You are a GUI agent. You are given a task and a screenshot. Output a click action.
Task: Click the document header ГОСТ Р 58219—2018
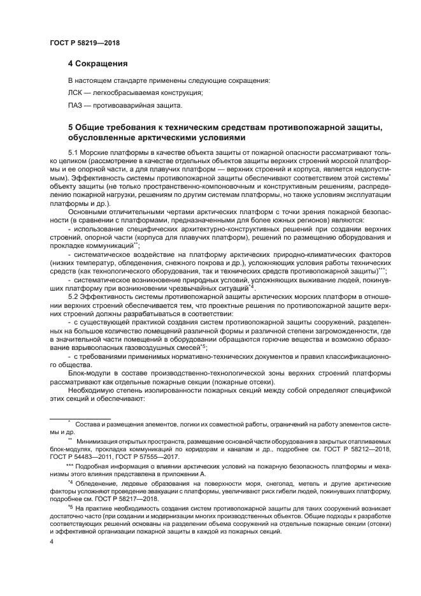coord(84,43)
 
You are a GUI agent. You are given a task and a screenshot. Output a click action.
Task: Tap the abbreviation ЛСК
coord(76,92)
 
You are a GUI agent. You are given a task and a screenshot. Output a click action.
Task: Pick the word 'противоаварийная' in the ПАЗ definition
coord(122,105)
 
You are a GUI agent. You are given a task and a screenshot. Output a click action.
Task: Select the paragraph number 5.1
coord(73,153)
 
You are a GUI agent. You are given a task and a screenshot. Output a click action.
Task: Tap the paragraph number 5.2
coord(73,298)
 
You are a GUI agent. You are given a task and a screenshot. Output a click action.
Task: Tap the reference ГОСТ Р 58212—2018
coord(343,448)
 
